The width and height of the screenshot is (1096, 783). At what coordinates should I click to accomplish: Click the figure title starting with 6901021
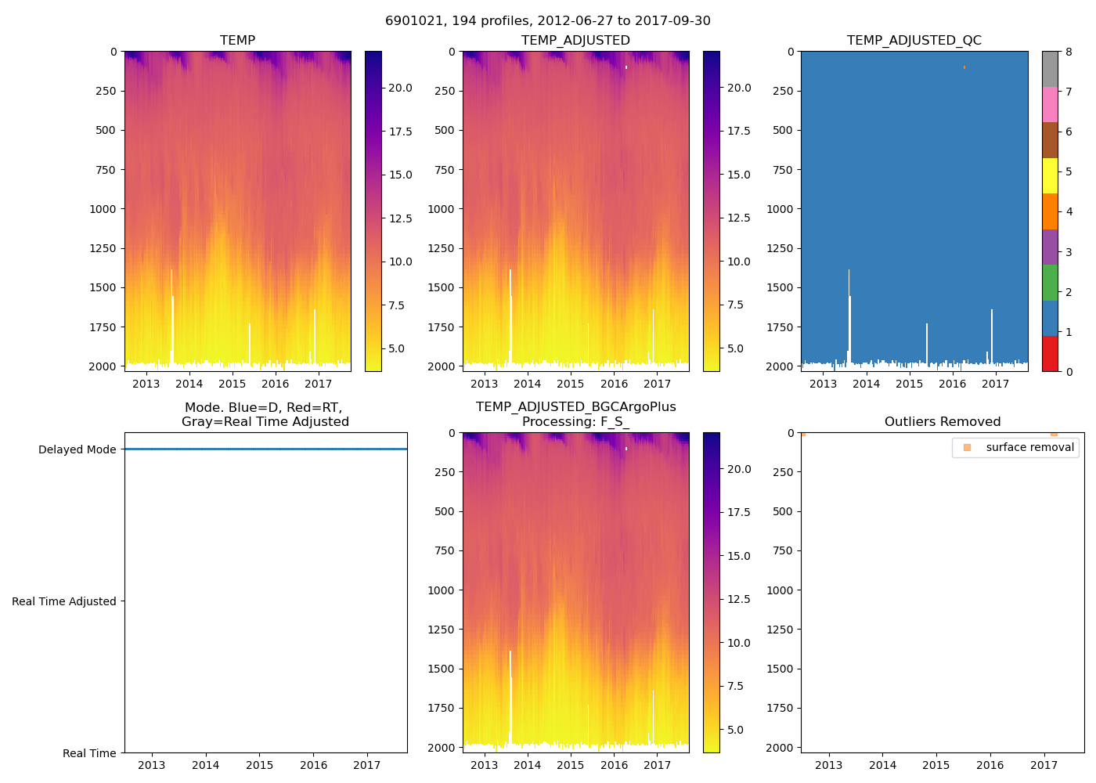coord(548,21)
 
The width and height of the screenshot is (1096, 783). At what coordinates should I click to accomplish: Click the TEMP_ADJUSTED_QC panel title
coord(914,41)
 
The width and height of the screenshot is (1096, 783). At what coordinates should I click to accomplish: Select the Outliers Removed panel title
coord(942,422)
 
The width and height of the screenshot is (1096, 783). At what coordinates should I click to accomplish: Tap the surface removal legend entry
coord(1029,448)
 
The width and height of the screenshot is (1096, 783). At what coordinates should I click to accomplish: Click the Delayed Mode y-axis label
coord(77,450)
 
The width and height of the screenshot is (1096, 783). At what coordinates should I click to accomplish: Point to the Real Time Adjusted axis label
coord(63,602)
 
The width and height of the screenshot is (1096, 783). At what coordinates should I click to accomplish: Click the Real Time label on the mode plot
coord(89,753)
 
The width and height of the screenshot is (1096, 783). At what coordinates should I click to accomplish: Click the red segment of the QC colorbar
coord(1050,354)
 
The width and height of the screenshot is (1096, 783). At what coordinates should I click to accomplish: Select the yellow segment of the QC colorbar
coord(1050,175)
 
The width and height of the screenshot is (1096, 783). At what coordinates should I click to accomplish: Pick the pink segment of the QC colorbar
coord(1050,104)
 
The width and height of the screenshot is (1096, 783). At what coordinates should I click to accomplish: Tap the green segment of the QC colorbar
coord(1050,283)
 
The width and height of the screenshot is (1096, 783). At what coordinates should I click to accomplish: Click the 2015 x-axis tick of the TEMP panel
coord(232,384)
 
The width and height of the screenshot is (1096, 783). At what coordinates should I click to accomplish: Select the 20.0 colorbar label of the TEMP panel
coord(400,88)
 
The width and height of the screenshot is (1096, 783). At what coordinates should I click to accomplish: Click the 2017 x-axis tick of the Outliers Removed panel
coord(1044,765)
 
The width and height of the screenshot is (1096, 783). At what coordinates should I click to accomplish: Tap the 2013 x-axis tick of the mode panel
coord(151,765)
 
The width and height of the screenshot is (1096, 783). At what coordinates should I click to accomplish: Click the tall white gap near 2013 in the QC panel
coord(849,313)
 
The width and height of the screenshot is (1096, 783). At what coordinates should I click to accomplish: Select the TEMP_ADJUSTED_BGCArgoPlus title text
coord(575,407)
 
